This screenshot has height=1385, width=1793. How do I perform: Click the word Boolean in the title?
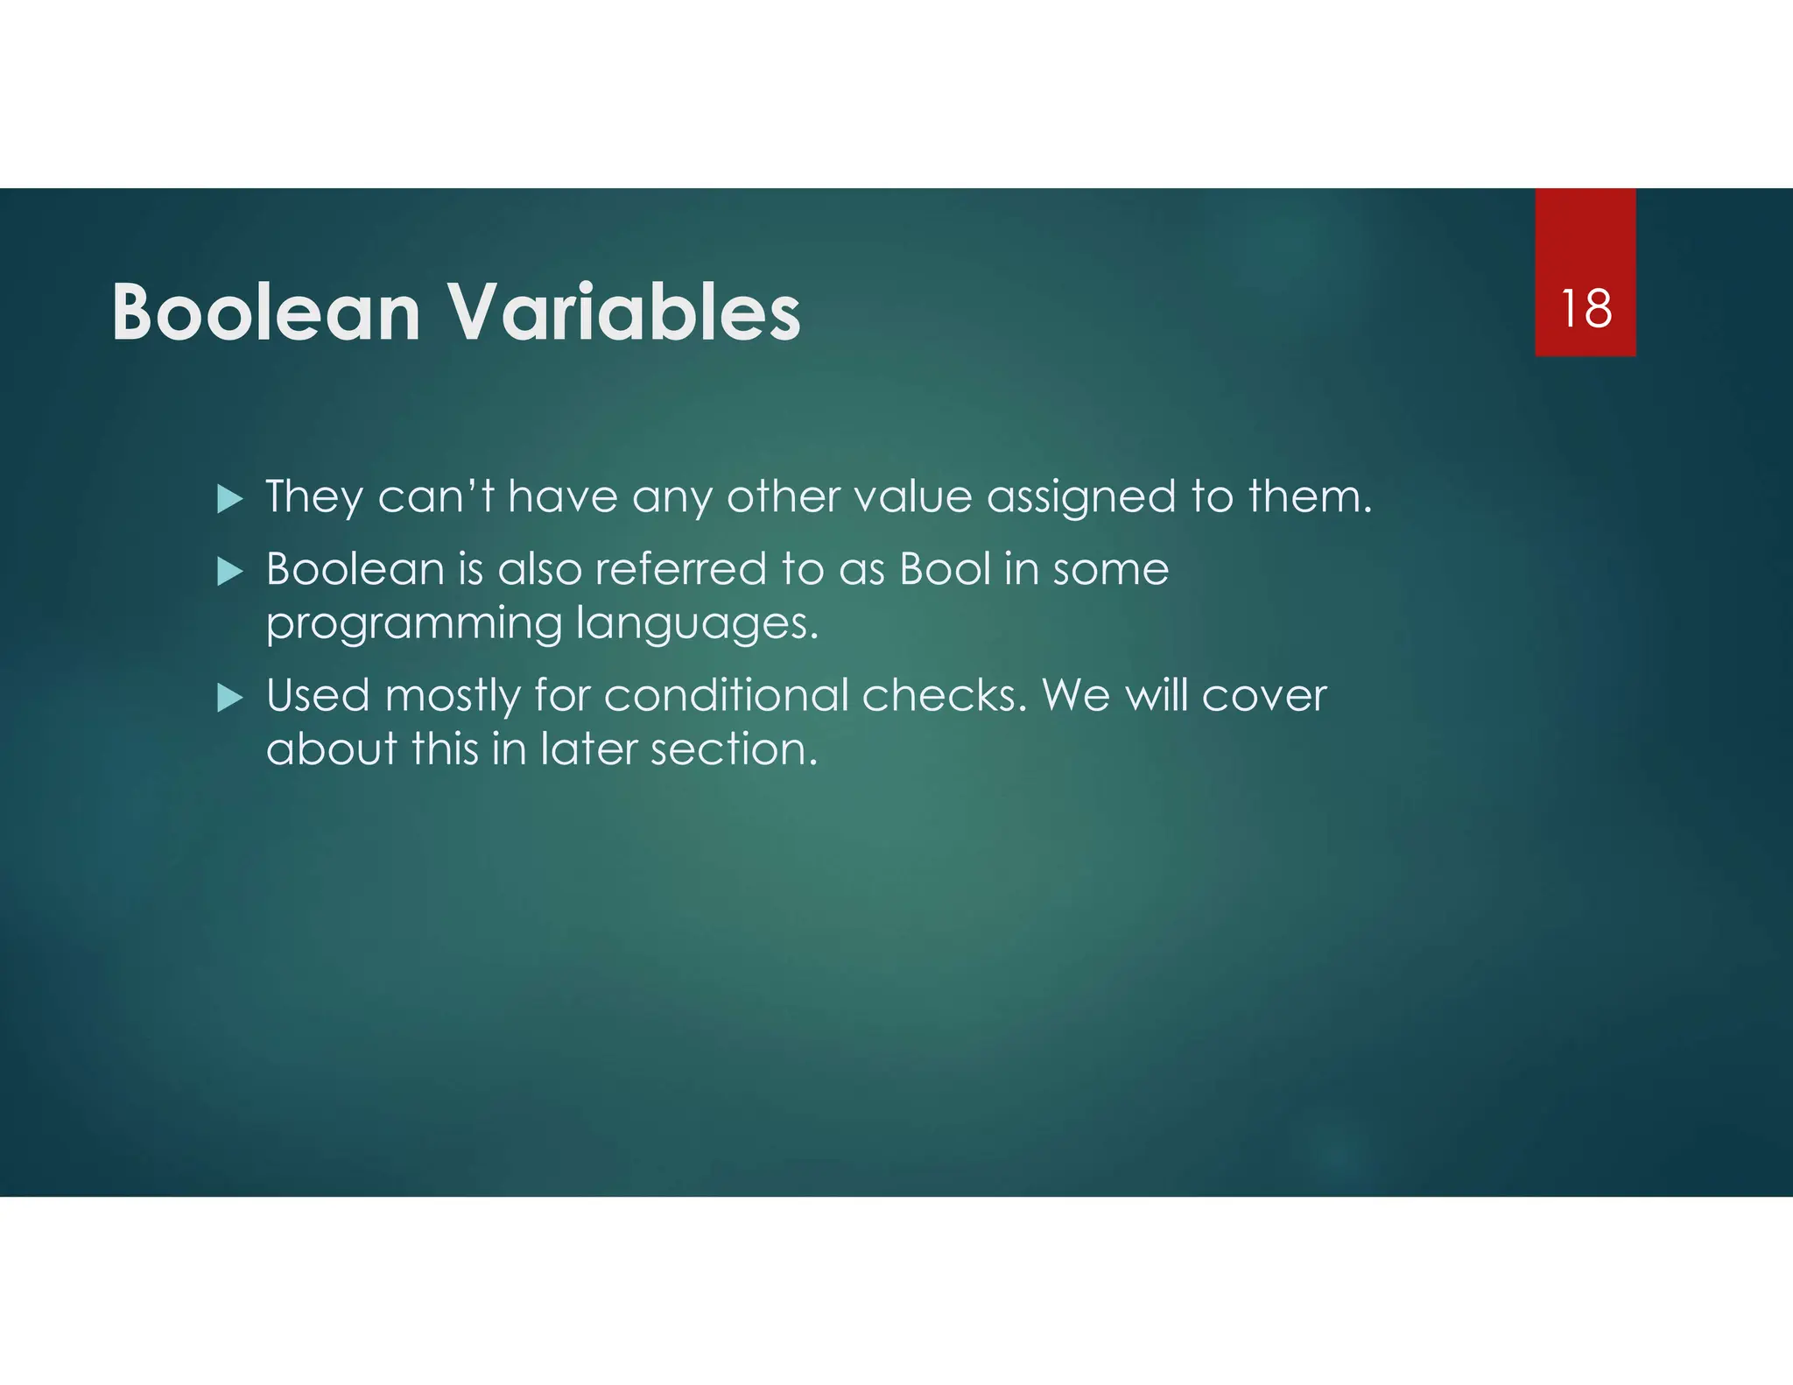[x=266, y=313]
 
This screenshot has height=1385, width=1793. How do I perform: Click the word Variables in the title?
[x=624, y=313]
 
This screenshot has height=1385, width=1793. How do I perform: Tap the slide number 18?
[x=1585, y=309]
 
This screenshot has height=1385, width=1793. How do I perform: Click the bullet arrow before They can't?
[x=229, y=500]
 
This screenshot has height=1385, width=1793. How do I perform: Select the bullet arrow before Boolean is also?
[x=229, y=573]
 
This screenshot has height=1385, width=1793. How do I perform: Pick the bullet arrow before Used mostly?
[x=229, y=699]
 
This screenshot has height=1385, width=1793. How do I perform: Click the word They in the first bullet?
[x=313, y=497]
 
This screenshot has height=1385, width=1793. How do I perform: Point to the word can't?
[x=435, y=497]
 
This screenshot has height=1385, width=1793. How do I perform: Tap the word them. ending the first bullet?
[x=1310, y=497]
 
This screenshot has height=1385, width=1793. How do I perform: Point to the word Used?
[x=318, y=696]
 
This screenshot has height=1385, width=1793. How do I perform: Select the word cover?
[x=1264, y=697]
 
